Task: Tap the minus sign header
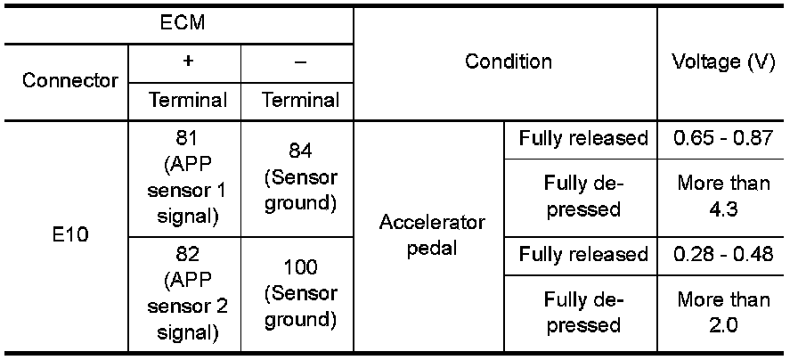[x=300, y=62]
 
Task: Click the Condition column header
[x=508, y=62]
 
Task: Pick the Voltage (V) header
[x=723, y=62]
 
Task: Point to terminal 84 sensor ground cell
[x=300, y=178]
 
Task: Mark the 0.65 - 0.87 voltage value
[x=723, y=139]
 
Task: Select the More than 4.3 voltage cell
[x=723, y=197]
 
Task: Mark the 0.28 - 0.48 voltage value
[x=723, y=255]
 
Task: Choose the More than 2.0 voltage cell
[x=723, y=313]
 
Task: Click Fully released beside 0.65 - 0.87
[x=583, y=139]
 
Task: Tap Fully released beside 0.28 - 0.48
[x=583, y=255]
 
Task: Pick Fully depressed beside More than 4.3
[x=583, y=197]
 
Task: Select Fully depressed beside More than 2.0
[x=583, y=313]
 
